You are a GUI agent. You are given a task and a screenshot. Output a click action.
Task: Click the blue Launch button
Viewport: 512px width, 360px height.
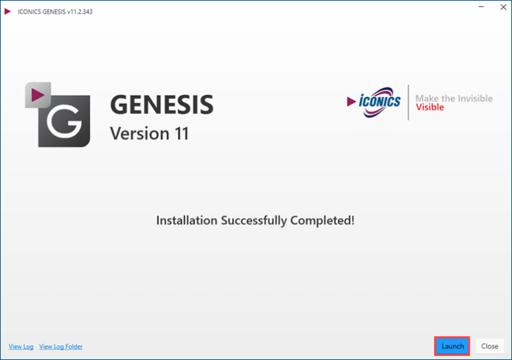(x=452, y=346)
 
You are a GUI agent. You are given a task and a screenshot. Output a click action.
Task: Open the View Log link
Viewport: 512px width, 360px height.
(x=21, y=346)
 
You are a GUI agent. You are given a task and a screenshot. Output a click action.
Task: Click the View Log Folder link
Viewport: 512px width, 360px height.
(x=61, y=346)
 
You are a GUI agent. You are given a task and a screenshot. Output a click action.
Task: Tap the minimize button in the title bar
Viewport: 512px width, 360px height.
(x=481, y=7)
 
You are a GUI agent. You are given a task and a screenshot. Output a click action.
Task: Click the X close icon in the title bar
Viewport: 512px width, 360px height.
(x=503, y=7)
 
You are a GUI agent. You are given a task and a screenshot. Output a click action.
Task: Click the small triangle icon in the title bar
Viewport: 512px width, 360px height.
(x=8, y=12)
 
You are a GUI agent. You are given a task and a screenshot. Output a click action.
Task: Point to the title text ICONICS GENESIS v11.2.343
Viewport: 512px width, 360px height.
(x=55, y=12)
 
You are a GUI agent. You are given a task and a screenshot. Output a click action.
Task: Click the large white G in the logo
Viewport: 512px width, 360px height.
(x=64, y=121)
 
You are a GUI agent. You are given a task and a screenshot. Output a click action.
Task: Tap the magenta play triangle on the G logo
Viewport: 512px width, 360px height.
(x=38, y=95)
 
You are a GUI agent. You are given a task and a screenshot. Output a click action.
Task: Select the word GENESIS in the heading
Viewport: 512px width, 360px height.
(x=162, y=105)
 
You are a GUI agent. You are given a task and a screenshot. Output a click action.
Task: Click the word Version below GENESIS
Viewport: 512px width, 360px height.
(x=140, y=133)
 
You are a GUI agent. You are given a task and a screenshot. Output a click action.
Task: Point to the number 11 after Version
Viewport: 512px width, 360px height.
(x=182, y=133)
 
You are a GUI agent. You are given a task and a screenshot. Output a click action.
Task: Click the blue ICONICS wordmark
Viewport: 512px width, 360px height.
(x=380, y=101)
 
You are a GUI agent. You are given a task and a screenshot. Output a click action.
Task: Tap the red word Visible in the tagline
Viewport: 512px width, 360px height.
(x=429, y=107)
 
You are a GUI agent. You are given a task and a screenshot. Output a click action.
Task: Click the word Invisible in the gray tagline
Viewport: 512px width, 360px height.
(x=475, y=98)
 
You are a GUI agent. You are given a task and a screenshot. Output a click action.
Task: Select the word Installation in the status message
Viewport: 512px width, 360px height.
(x=187, y=221)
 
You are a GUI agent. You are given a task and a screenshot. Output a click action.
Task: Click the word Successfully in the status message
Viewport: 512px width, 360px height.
(x=254, y=221)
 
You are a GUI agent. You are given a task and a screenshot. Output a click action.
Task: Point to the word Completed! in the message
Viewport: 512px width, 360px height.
(x=322, y=221)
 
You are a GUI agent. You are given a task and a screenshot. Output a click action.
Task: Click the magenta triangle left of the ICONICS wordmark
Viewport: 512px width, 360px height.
(x=352, y=101)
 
